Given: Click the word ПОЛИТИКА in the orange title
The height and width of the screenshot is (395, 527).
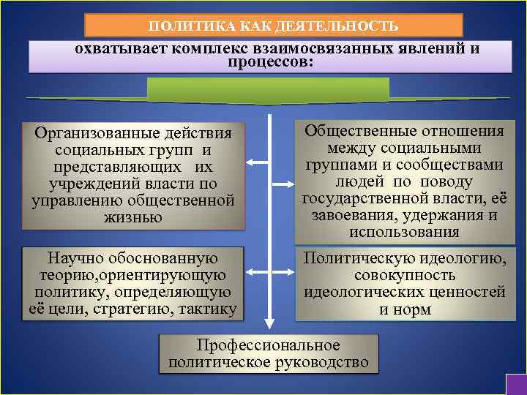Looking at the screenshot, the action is (x=182, y=26).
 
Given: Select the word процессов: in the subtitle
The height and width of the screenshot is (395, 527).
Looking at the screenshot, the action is (x=270, y=63).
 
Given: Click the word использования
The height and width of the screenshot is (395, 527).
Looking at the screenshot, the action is (x=404, y=232).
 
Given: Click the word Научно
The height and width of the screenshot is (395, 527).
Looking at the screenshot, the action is (x=75, y=258).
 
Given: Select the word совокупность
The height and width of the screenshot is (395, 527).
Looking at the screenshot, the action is (x=404, y=275).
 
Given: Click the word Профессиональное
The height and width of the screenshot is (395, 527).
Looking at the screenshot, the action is (x=268, y=345).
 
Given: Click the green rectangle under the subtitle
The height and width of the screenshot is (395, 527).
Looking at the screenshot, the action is (x=269, y=89).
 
